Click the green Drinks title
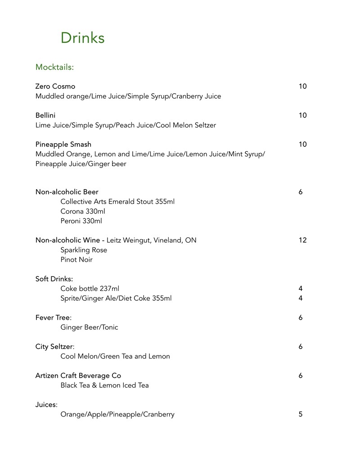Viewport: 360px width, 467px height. (x=82, y=38)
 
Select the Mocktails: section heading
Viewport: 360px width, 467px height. (x=54, y=67)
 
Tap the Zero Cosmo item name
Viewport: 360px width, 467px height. (x=55, y=86)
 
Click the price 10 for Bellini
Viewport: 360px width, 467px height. (x=302, y=115)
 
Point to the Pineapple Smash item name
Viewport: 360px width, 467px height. (x=63, y=144)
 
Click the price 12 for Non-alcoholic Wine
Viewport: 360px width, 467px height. (x=302, y=240)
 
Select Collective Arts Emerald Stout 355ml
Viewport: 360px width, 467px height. (x=117, y=201)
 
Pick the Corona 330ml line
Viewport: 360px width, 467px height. (x=83, y=211)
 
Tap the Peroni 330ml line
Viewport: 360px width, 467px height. (x=81, y=221)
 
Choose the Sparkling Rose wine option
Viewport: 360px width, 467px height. (x=84, y=250)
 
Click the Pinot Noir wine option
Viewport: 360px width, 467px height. (x=76, y=259)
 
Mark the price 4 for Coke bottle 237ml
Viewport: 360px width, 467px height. (x=300, y=288)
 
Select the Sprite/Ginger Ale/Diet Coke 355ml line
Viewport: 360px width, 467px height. (x=116, y=298)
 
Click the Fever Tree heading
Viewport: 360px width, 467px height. (x=53, y=317)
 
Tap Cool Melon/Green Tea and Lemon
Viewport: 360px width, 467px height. (x=115, y=356)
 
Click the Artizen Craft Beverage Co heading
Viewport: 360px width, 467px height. (x=78, y=376)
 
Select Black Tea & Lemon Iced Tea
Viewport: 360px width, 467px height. (x=104, y=385)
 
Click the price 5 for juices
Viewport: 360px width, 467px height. (x=300, y=414)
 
